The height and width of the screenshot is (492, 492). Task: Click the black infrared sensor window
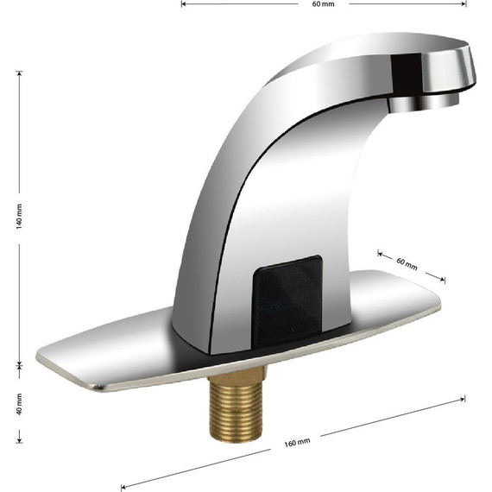[287, 302]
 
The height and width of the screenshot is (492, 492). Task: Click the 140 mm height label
[19, 217]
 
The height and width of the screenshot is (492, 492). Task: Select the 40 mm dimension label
[19, 404]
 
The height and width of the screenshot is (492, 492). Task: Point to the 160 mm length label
[297, 443]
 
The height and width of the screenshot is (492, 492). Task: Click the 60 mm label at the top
[323, 4]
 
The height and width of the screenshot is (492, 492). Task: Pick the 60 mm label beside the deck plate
[407, 264]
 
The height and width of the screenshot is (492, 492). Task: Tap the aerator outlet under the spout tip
[424, 103]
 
